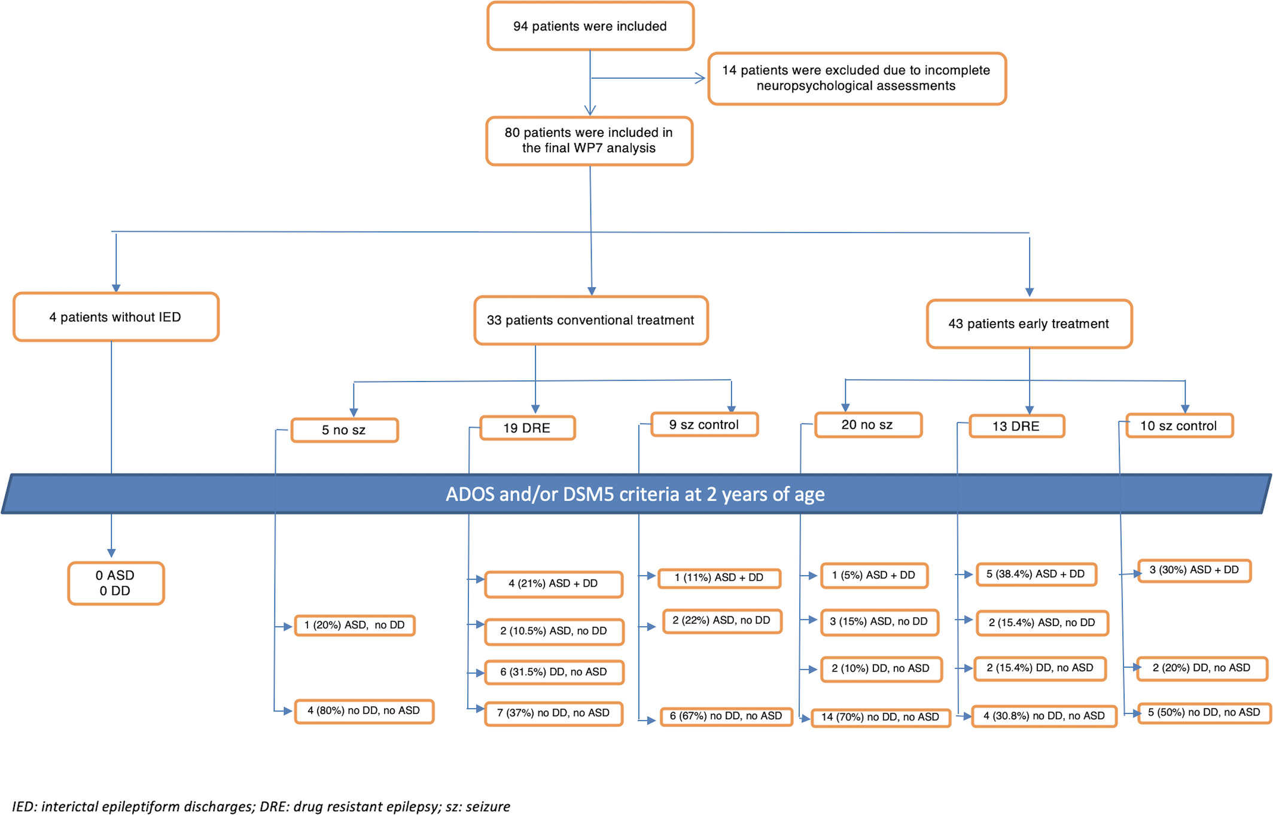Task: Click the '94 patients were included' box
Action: [590, 26]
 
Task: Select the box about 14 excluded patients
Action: [857, 78]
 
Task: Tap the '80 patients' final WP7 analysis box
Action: [589, 141]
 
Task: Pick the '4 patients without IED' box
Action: [116, 317]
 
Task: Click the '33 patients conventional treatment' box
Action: [591, 320]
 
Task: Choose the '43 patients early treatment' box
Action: [1029, 324]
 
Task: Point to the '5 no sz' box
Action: [345, 430]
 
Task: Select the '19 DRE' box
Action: [528, 428]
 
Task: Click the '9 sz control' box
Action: [704, 425]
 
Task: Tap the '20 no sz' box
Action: [868, 425]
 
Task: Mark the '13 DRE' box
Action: [1017, 426]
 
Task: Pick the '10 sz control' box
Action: [1179, 426]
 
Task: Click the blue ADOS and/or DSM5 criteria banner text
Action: [635, 495]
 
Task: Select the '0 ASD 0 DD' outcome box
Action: [116, 583]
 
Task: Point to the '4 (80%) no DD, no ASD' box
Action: [364, 711]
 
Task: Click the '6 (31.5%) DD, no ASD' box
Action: [554, 672]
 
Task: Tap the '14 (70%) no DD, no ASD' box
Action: [881, 718]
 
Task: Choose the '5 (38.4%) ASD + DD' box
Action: [1036, 575]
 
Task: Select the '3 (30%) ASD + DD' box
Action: [1194, 570]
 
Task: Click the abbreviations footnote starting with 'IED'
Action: [261, 807]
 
